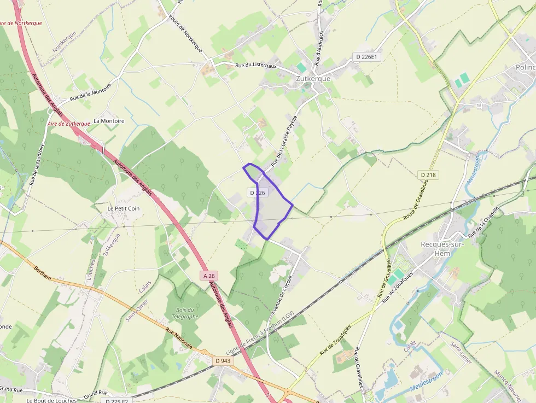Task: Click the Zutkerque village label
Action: click(313, 78)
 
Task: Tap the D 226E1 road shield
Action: click(365, 56)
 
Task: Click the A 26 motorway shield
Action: click(209, 276)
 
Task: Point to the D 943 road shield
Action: click(223, 361)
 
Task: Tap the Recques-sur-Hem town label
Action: click(442, 248)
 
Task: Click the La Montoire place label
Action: click(109, 121)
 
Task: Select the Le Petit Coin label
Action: click(124, 208)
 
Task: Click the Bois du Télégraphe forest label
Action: click(184, 313)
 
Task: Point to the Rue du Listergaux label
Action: click(256, 66)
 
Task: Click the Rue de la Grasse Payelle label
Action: click(284, 141)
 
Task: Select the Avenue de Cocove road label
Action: click(283, 296)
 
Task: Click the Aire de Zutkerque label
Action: click(69, 124)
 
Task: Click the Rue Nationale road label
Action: click(179, 338)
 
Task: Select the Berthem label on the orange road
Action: click(43, 274)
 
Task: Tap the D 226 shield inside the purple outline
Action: click(257, 192)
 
